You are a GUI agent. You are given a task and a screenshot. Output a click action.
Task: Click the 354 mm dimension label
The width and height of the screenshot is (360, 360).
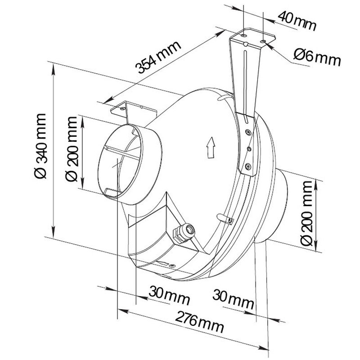click(158, 58)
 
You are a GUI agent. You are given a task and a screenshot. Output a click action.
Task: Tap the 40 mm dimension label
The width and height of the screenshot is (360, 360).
click(297, 21)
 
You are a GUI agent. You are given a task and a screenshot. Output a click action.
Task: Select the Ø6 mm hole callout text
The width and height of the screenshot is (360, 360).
click(317, 58)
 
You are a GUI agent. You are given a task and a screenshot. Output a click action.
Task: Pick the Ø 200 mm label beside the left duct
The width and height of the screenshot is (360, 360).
click(72, 149)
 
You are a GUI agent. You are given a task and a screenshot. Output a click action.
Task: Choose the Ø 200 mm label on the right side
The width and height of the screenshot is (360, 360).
click(306, 213)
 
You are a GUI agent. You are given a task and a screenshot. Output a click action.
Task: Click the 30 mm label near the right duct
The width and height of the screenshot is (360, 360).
click(233, 299)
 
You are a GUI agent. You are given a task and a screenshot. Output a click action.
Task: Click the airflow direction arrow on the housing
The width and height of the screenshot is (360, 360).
click(211, 148)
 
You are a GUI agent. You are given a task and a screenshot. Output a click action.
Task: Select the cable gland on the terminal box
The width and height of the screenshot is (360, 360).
click(184, 232)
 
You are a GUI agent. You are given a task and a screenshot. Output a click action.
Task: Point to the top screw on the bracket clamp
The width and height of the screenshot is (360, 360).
click(248, 132)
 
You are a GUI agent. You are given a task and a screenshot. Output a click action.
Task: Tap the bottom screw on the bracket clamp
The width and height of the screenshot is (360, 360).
click(248, 166)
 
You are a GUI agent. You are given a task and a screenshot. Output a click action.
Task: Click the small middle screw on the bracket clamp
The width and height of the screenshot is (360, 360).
click(249, 149)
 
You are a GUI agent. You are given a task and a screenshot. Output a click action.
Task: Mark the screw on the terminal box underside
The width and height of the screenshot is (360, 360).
click(172, 265)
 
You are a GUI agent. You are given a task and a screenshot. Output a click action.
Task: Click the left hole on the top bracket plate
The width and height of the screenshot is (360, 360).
click(244, 36)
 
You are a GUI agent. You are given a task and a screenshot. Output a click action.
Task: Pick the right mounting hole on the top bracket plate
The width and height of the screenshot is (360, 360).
click(263, 41)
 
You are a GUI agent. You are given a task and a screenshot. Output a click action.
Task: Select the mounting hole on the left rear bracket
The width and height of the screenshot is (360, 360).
click(123, 108)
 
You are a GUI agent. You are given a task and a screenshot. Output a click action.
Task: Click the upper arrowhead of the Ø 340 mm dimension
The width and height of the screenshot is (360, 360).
click(53, 69)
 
